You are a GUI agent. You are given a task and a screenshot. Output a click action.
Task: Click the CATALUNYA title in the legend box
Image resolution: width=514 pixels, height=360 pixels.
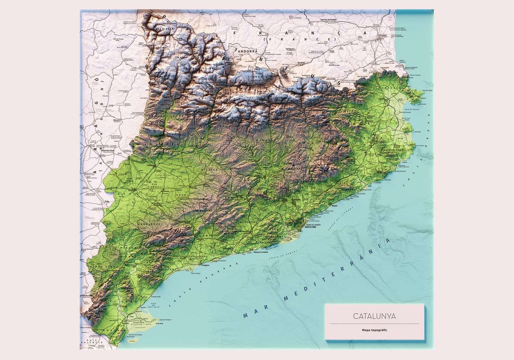[374, 316]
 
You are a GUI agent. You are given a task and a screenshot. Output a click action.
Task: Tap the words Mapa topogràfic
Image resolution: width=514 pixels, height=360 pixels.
[374, 330]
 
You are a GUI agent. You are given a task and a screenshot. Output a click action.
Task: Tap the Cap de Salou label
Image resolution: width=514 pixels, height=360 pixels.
[195, 273]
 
